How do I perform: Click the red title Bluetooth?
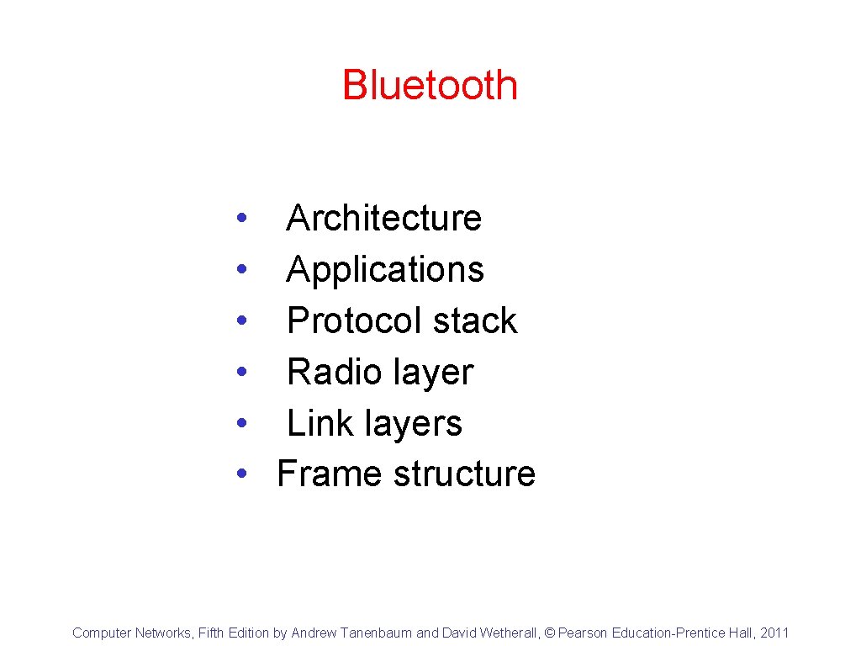pos(430,85)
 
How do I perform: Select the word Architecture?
pos(383,219)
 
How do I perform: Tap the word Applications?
pos(385,270)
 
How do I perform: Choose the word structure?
pos(464,474)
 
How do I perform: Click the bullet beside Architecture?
pos(241,219)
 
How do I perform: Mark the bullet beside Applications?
pos(241,270)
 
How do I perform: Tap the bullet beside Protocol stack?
pos(241,321)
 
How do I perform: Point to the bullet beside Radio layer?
pos(241,373)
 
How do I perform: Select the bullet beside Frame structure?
pos(241,474)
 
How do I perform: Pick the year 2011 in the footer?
pos(774,633)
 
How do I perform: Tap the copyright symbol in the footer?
pos(551,633)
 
